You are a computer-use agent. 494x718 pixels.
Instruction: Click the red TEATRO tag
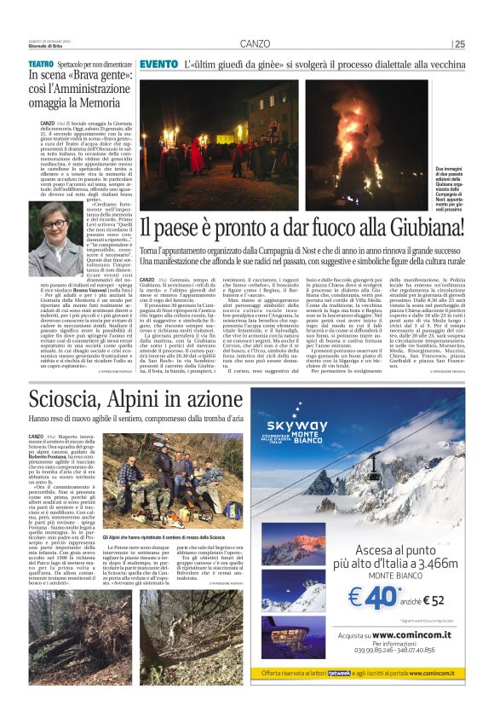point(41,65)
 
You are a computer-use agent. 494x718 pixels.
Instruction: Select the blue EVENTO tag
point(158,65)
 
